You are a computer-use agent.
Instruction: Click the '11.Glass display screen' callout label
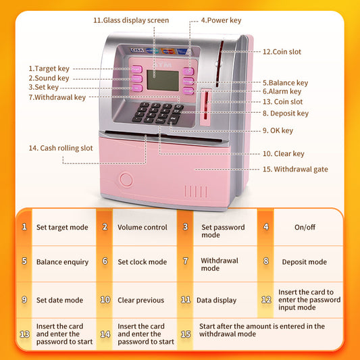[x=131, y=20]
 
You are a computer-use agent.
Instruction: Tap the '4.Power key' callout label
[x=221, y=20]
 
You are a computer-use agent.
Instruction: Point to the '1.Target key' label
[x=49, y=68]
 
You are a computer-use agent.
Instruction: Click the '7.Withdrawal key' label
[x=57, y=97]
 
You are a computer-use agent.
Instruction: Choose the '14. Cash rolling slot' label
[x=61, y=148]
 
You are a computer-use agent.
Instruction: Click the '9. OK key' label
[x=278, y=130]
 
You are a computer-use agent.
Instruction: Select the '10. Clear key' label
[x=284, y=154]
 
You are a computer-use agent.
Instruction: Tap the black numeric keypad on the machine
[x=157, y=112]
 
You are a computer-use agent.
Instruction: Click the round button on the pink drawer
[x=125, y=180]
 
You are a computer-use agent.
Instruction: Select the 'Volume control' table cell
[x=142, y=228]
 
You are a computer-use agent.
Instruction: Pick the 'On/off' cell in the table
[x=304, y=228]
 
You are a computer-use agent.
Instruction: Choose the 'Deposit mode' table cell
[x=304, y=262]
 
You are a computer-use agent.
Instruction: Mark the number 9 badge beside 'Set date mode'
[x=24, y=299]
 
